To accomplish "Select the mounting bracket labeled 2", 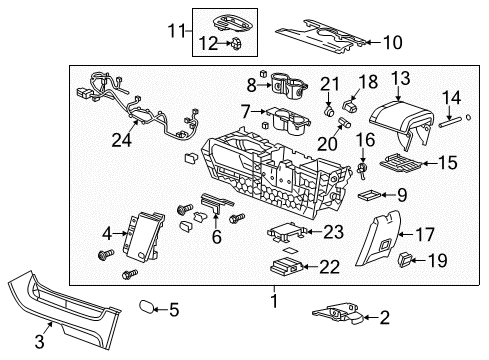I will click(335, 314).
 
